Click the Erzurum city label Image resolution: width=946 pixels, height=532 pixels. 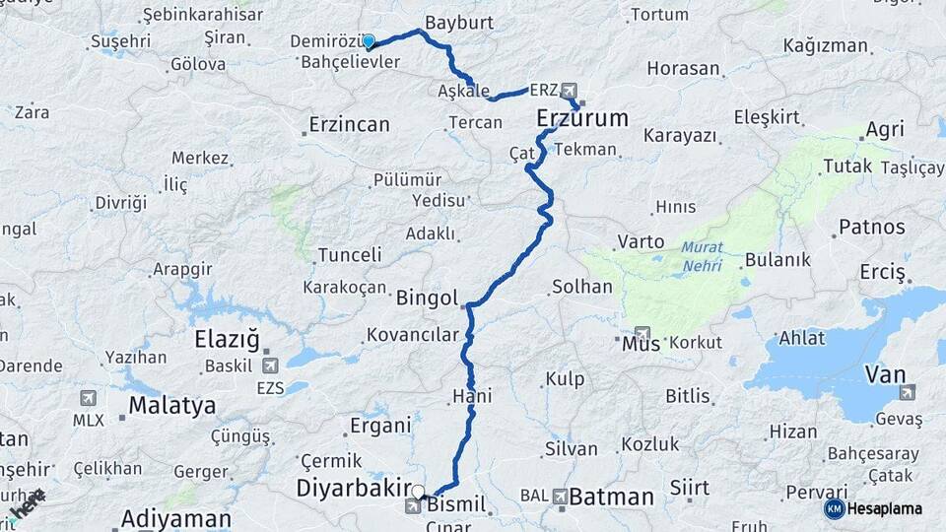click(582, 119)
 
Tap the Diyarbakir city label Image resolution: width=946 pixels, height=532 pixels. click(354, 488)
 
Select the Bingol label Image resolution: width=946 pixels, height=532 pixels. click(428, 298)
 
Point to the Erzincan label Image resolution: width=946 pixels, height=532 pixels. click(349, 125)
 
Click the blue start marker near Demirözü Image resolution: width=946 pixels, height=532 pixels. click(369, 41)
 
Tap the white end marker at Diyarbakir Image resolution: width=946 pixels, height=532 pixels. click(418, 492)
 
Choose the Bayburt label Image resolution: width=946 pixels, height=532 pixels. click(458, 22)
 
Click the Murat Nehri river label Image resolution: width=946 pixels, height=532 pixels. click(702, 256)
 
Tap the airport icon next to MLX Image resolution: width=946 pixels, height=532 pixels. click(88, 398)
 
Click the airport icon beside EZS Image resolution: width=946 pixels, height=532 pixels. click(270, 365)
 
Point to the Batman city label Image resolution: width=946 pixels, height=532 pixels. click(611, 497)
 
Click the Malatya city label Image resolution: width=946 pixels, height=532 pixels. click(171, 406)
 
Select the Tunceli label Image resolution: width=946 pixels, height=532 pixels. click(350, 255)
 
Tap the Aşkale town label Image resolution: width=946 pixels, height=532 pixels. click(463, 91)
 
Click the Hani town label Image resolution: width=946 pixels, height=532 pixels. click(472, 396)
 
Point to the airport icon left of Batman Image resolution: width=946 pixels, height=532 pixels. click(561, 496)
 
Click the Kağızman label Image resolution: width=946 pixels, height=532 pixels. click(826, 45)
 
